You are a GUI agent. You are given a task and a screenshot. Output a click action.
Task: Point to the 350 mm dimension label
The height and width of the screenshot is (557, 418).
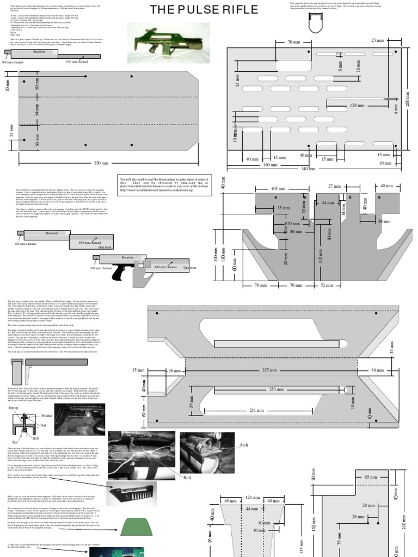click(x=101, y=163)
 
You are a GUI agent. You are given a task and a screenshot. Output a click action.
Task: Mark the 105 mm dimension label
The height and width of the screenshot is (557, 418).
click(x=278, y=189)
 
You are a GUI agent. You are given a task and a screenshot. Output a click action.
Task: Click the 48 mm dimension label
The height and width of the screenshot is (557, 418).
click(x=386, y=186)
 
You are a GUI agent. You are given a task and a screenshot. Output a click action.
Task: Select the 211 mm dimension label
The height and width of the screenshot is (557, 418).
click(x=257, y=410)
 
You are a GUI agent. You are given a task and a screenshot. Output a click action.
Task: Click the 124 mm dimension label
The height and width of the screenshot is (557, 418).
click(x=251, y=497)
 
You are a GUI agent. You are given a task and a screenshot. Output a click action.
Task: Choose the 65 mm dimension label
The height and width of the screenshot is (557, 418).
click(x=371, y=476)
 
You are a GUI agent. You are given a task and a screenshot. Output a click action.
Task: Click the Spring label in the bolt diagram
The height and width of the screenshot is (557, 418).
click(x=14, y=408)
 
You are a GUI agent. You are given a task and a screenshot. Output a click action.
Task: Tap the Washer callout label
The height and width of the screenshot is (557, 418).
click(x=47, y=416)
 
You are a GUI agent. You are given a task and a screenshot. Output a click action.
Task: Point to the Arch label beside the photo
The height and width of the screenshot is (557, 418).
click(x=243, y=445)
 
